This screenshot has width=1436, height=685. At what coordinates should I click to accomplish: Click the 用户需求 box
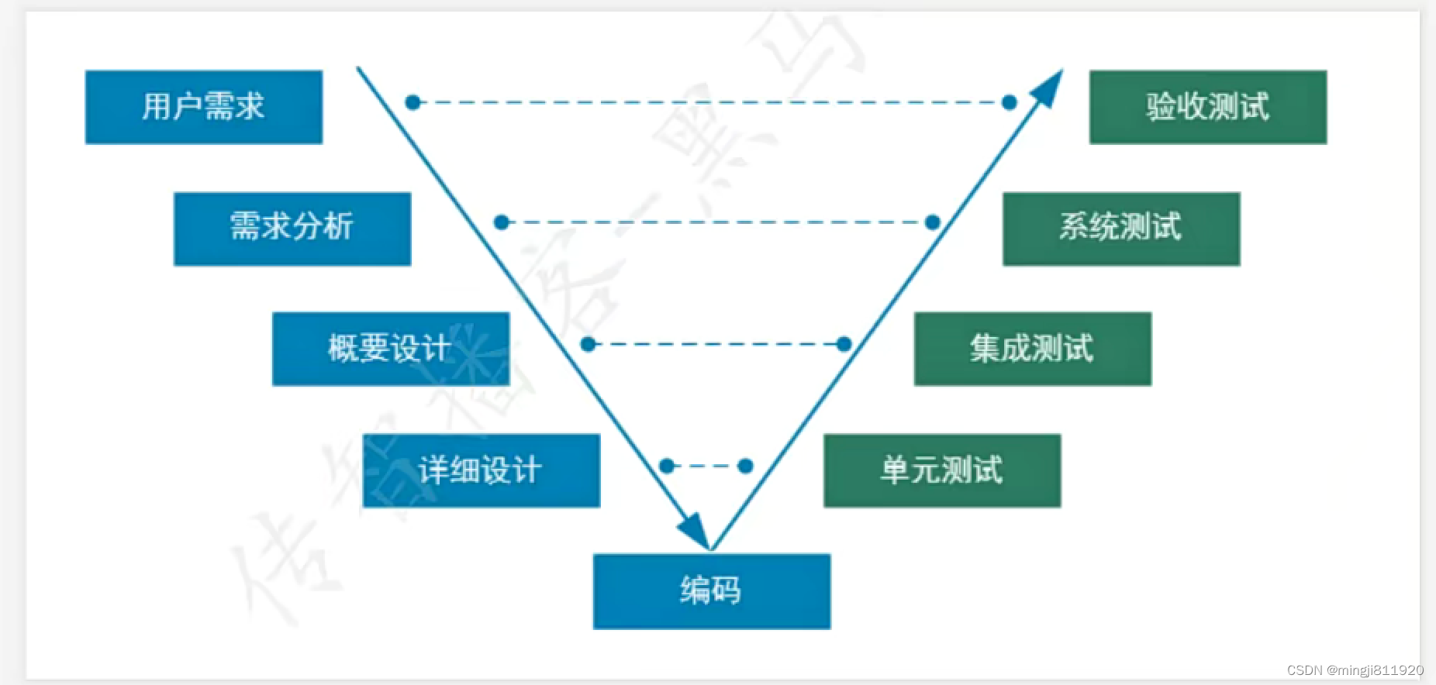click(204, 107)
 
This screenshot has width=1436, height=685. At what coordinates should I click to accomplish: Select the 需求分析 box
click(292, 229)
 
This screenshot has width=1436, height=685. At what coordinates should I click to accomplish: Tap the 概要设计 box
click(391, 349)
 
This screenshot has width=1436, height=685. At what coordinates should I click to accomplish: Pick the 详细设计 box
click(481, 470)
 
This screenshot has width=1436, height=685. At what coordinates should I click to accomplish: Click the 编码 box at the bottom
click(711, 591)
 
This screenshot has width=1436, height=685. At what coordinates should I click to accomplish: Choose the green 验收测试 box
click(1207, 107)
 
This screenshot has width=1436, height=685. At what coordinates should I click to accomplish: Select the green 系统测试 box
click(1120, 229)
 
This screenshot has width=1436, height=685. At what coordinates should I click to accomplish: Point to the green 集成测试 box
click(1032, 349)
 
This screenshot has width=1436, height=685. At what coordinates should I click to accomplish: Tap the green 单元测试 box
click(941, 470)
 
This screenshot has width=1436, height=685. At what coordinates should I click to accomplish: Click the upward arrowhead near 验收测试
click(1049, 86)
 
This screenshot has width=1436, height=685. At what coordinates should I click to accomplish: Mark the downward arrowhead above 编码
click(696, 532)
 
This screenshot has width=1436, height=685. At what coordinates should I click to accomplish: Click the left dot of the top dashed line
click(413, 102)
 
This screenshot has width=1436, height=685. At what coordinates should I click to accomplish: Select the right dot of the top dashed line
click(1009, 102)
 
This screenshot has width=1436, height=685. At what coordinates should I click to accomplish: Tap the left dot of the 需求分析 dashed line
click(501, 222)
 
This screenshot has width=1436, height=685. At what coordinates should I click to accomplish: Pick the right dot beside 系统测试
click(933, 222)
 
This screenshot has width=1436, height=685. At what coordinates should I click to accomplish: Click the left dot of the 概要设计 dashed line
click(589, 344)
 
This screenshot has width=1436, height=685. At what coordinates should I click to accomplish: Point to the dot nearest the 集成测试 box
click(844, 344)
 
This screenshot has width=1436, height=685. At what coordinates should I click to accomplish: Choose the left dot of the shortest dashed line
click(667, 466)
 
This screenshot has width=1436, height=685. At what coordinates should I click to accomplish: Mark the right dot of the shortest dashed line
click(745, 466)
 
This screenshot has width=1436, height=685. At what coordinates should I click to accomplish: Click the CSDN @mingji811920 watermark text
click(1355, 670)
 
